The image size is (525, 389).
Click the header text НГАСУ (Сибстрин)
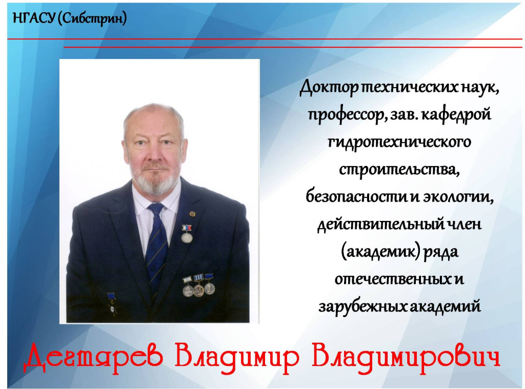tap(69, 19)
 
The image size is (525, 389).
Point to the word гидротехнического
tap(399, 142)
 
